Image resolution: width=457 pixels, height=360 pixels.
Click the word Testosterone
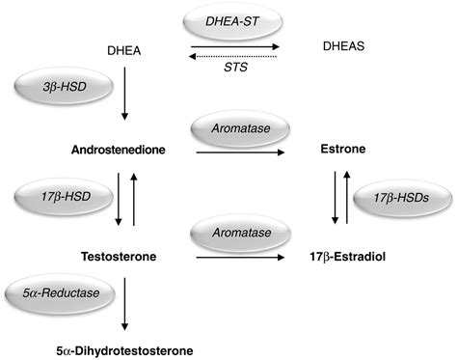tap(117, 258)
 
